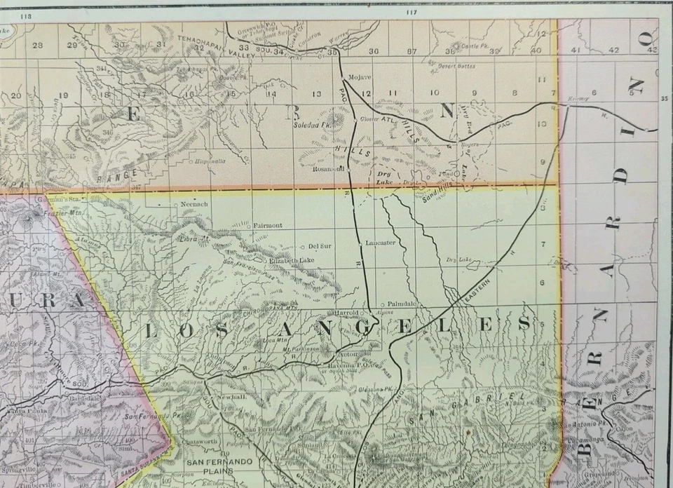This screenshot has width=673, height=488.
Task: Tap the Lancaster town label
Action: (381, 243)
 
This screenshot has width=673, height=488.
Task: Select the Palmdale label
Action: (402, 303)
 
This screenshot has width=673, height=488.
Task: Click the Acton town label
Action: (330, 355)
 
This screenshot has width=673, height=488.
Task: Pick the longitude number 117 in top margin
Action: (411, 12)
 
